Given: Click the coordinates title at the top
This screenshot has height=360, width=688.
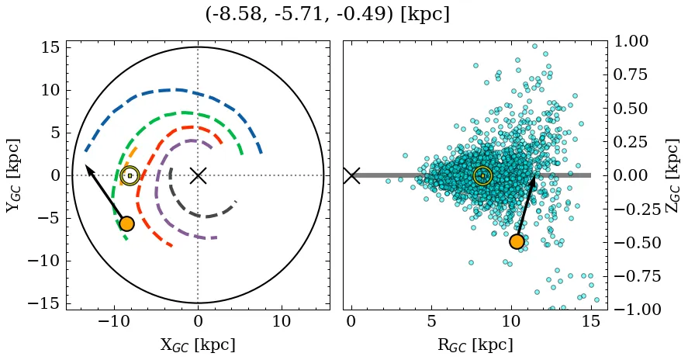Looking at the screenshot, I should pos(327,14).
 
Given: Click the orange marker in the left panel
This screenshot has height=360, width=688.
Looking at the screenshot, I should pos(126,223).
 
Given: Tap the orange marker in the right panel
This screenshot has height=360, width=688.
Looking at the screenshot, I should pos(517,241).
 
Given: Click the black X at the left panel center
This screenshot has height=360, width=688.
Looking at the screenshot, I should pos(198,175).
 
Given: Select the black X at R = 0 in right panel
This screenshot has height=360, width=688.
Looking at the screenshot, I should pos(351,175).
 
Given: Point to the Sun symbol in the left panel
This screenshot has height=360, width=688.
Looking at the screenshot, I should pos(130,175).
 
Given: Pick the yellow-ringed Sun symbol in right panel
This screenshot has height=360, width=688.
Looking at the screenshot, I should pos(482,175).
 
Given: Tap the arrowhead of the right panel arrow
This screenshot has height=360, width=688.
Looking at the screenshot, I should pos(534,179).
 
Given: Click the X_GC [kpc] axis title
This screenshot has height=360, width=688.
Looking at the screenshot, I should pos(198,344).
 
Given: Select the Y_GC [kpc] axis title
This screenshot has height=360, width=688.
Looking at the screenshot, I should pos(13,175).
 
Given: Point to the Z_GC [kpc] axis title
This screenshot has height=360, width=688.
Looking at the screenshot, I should pos(672,175).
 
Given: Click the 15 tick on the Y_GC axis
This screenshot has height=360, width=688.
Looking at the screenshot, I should pos(50,47).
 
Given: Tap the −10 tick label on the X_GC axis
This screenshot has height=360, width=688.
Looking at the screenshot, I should pos(115,321).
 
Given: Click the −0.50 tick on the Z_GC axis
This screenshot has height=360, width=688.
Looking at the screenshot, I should pos(631,242).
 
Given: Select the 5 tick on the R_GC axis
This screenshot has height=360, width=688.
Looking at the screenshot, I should pos(431,321).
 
